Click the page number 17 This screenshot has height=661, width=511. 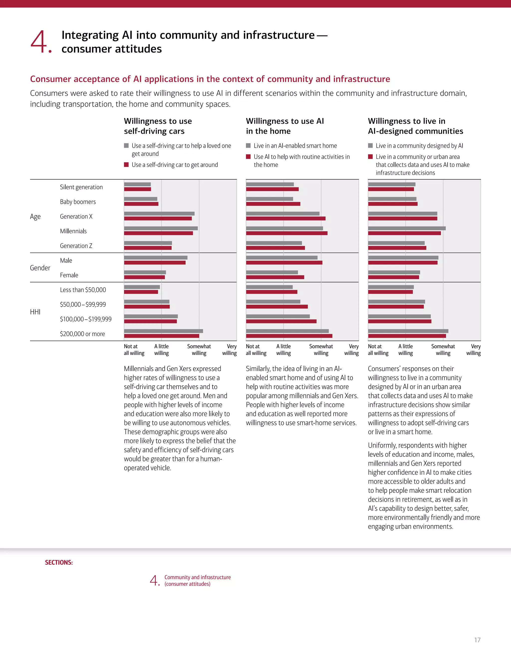477,640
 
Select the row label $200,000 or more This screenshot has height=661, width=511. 82,334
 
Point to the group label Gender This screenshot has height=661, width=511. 40,268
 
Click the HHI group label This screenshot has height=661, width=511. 35,312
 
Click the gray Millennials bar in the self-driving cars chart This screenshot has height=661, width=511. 161,228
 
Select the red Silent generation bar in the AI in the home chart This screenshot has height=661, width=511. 272,189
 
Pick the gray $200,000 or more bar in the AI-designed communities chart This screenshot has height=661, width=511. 408,331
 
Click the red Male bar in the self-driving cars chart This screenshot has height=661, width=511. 155,263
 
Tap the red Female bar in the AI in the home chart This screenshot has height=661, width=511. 275,277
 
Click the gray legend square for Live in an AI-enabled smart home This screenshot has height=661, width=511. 248,146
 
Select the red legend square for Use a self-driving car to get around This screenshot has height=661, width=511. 126,165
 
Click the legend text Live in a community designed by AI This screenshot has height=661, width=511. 419,146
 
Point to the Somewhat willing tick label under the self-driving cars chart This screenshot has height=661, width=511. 199,349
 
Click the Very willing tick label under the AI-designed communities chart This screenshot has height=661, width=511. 474,349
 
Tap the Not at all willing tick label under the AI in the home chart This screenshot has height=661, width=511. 256,349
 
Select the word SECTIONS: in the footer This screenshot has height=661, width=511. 59,562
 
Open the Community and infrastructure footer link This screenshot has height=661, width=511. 197,580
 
